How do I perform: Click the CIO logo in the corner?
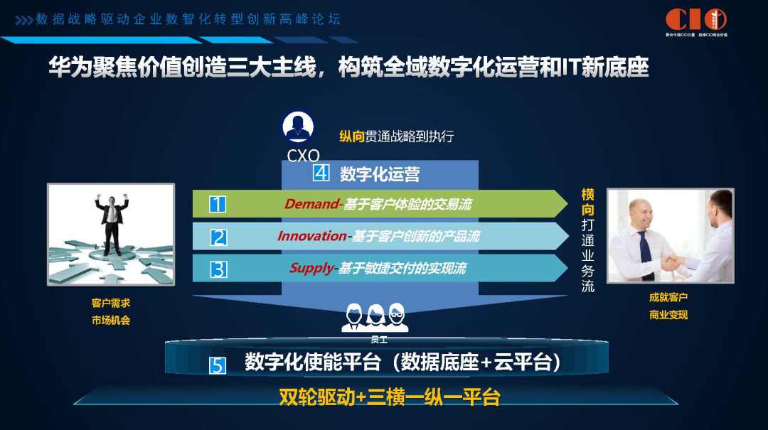click(695, 19)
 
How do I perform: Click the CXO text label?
click(303, 155)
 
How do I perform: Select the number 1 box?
click(218, 205)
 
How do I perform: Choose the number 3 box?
click(218, 269)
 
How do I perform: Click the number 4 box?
click(321, 173)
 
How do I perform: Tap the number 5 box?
click(218, 365)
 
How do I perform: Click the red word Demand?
click(311, 205)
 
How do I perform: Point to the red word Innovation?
click(312, 236)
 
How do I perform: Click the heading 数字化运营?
click(380, 174)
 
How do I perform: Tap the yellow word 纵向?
click(352, 136)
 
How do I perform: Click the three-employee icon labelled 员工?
click(375, 318)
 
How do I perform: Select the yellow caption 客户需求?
click(111, 303)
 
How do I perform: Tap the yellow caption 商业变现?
click(668, 315)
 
